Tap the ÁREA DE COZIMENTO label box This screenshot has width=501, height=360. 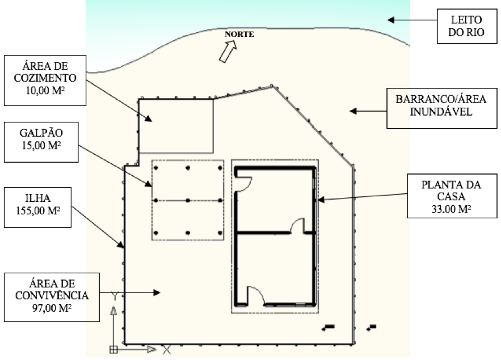coord(44,79)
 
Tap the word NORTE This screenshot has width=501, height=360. coord(239,35)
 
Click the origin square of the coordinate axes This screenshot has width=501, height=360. coord(113,349)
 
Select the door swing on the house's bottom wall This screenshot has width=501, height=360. coord(255,295)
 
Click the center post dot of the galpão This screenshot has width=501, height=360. coord(187,200)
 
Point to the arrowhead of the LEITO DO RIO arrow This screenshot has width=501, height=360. coord(391,20)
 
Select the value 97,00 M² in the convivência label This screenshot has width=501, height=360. coord(52,308)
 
